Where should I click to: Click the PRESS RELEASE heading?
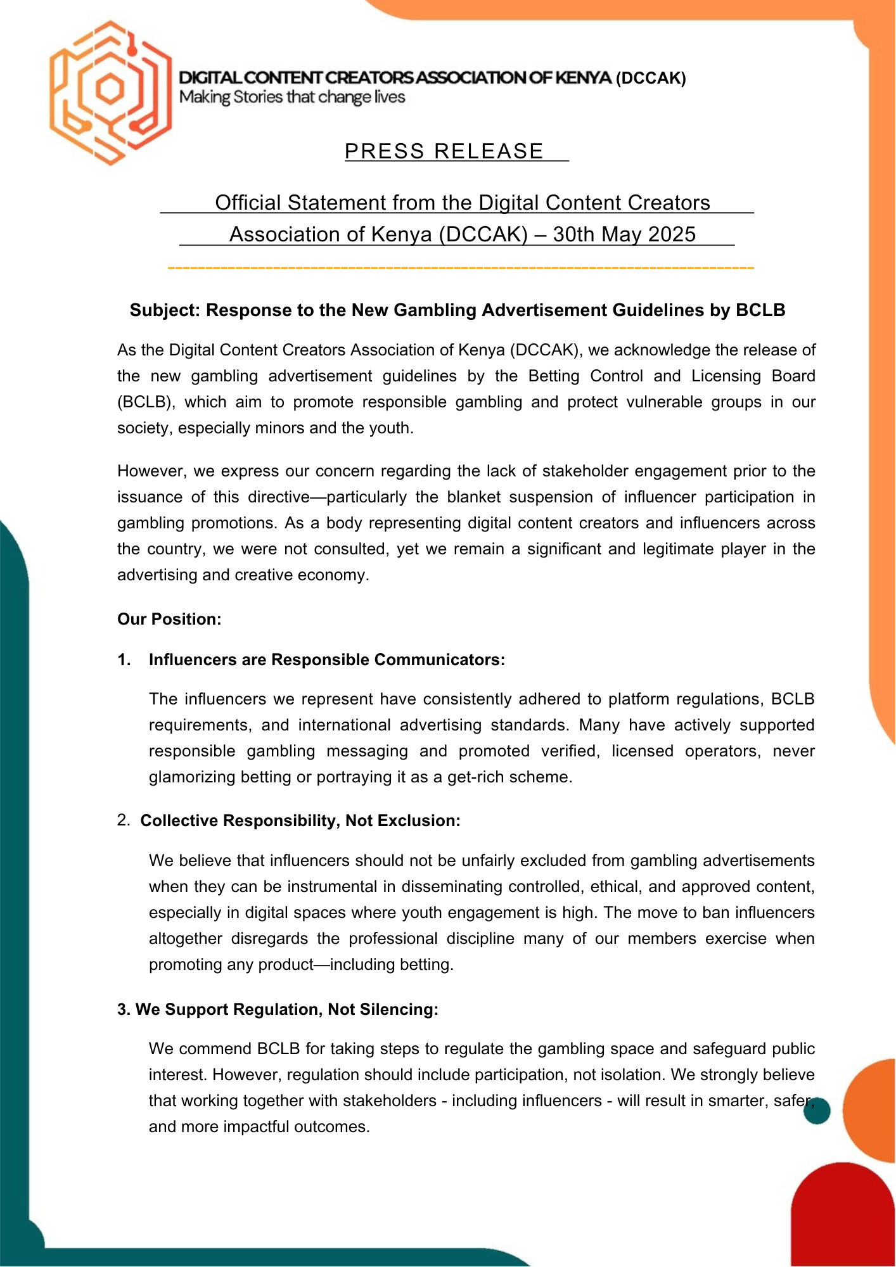444,151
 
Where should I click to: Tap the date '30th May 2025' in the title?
624,234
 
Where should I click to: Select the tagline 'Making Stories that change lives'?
292,97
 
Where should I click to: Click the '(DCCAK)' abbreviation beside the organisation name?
651,78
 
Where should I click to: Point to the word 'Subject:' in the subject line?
165,310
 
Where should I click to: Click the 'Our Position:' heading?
169,619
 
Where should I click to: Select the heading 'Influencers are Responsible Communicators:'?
326,659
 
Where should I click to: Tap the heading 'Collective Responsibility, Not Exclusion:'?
300,820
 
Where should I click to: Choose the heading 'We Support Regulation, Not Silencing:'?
286,1009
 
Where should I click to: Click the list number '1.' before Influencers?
124,659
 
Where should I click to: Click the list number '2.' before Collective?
124,820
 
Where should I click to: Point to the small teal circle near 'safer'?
817,1111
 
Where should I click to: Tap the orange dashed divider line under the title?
461,269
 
